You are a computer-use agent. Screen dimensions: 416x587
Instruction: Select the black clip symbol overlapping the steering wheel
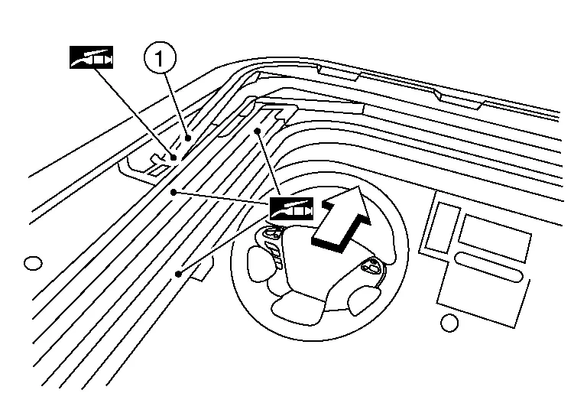click(291, 209)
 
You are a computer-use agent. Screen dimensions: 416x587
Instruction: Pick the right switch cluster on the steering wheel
click(372, 267)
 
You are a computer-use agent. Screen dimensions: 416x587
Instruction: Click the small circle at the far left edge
click(32, 264)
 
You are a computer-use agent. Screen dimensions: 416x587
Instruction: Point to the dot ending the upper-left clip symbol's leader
click(174, 158)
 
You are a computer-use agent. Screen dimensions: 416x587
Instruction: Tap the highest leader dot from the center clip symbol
click(259, 132)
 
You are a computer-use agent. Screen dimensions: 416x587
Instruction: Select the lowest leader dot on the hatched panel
click(177, 272)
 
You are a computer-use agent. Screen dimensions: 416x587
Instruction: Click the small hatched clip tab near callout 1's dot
click(157, 163)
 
